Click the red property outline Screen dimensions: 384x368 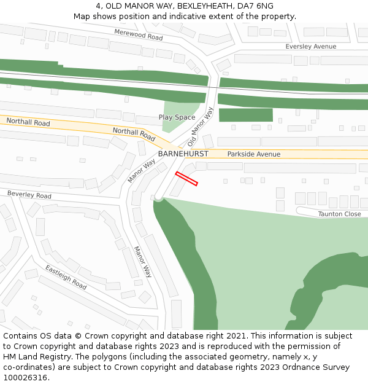pyautogui.click(x=186, y=178)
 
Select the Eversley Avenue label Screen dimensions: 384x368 pyautogui.click(x=311, y=47)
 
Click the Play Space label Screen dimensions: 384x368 pyautogui.click(x=177, y=117)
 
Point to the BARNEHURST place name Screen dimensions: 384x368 pyautogui.click(x=183, y=154)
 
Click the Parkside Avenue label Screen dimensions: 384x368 pyautogui.click(x=253, y=154)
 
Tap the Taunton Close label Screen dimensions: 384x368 pyautogui.click(x=339, y=214)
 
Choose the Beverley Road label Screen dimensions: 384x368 pyautogui.click(x=29, y=195)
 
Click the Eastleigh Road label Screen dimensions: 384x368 pyautogui.click(x=66, y=277)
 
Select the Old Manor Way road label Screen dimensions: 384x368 pyautogui.click(x=201, y=127)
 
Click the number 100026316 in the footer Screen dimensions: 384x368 pyautogui.click(x=25, y=378)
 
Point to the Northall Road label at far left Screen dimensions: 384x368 pyautogui.click(x=28, y=122)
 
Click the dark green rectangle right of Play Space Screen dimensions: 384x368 pyautogui.click(x=245, y=115)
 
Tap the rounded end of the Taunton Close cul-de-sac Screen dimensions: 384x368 pyautogui.click(x=301, y=211)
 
